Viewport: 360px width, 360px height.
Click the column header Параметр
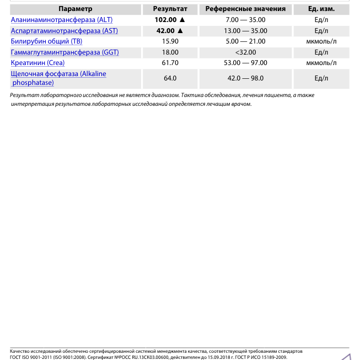pyautogui.click(x=76, y=9)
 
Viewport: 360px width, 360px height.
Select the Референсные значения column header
pyautogui.click(x=245, y=9)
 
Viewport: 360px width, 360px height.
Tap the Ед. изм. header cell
pyautogui.click(x=321, y=9)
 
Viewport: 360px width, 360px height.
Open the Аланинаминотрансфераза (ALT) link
pyautogui.click(x=62, y=20)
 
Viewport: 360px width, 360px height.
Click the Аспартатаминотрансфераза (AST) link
pyautogui.click(x=65, y=31)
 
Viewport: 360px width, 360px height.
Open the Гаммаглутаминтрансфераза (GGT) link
pyautogui.click(x=65, y=52)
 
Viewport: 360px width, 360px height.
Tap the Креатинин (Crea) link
pyautogui.click(x=37, y=63)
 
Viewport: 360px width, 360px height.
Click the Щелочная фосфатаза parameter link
pyautogui.click(x=58, y=74)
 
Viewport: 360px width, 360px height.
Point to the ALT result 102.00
pyautogui.click(x=165, y=20)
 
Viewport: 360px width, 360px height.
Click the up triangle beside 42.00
pyautogui.click(x=180, y=31)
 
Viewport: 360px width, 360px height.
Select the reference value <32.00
pyautogui.click(x=245, y=52)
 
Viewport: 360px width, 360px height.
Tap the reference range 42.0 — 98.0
pyautogui.click(x=245, y=78)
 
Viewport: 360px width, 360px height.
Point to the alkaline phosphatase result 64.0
pyautogui.click(x=170, y=78)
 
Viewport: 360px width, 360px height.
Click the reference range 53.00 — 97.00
pyautogui.click(x=245, y=63)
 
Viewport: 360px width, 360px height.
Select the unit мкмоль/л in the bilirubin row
pyautogui.click(x=321, y=41)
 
